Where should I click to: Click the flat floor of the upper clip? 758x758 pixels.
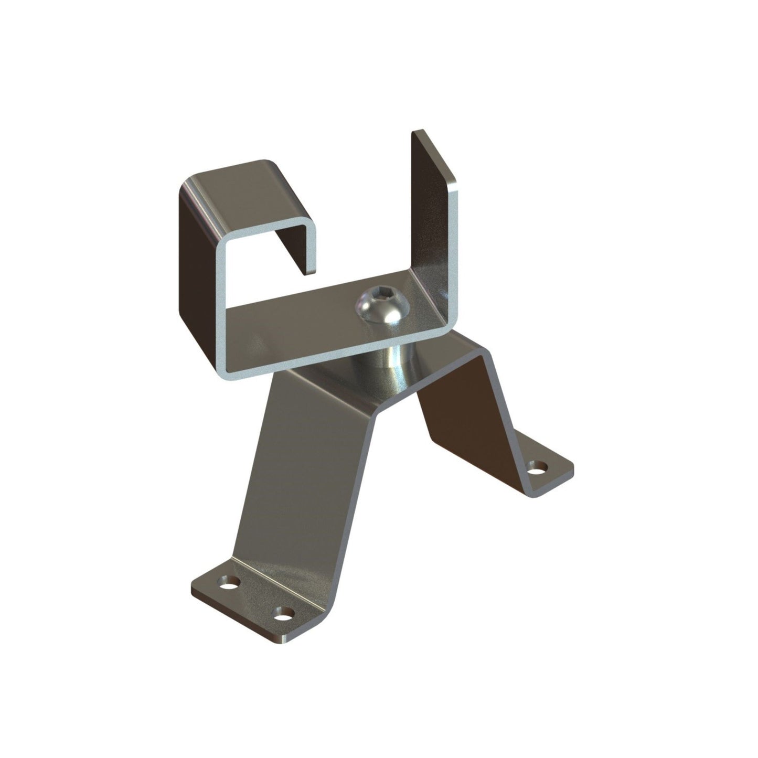click(315, 325)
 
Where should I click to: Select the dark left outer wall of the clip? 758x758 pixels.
click(197, 262)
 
